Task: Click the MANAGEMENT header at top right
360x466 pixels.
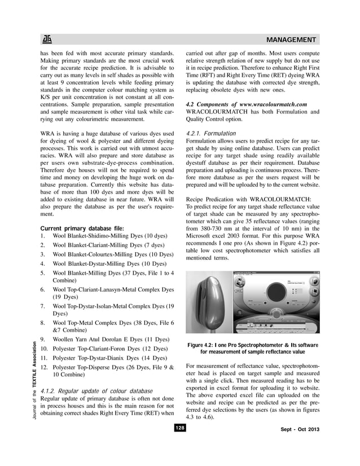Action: pos(291,40)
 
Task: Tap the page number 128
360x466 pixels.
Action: pos(179,428)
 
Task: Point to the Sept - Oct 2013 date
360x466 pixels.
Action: pos(300,430)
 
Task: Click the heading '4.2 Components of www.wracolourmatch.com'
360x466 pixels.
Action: pos(246,104)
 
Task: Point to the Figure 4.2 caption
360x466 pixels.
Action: pos(253,348)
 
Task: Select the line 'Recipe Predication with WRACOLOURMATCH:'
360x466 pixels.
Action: pos(245,199)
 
